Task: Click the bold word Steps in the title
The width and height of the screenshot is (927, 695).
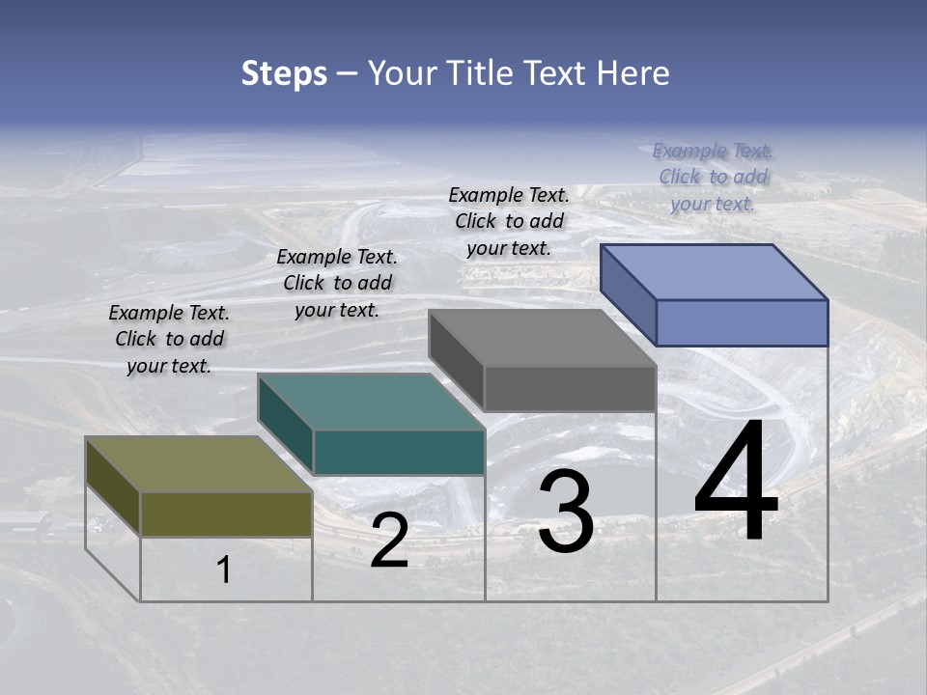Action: (284, 73)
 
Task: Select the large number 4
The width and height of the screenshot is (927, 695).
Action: (736, 483)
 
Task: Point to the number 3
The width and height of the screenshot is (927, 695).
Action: (566, 512)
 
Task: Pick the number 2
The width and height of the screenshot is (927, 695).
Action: (389, 542)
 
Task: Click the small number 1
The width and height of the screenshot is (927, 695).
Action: (224, 570)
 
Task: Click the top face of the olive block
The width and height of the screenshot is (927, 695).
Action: (198, 464)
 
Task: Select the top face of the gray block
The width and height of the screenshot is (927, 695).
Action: (542, 338)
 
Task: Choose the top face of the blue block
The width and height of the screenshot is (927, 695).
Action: (714, 272)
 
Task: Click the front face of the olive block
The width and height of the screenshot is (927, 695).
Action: (226, 514)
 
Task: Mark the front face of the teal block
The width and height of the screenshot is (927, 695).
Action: (399, 452)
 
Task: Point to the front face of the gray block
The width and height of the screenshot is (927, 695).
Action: (570, 388)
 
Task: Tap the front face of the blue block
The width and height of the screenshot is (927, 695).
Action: (742, 322)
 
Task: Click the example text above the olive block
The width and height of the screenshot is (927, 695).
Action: (169, 339)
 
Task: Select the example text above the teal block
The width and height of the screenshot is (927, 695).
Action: (337, 283)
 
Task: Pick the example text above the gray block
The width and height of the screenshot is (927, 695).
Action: (509, 221)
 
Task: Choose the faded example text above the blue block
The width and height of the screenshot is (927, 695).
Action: (713, 177)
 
